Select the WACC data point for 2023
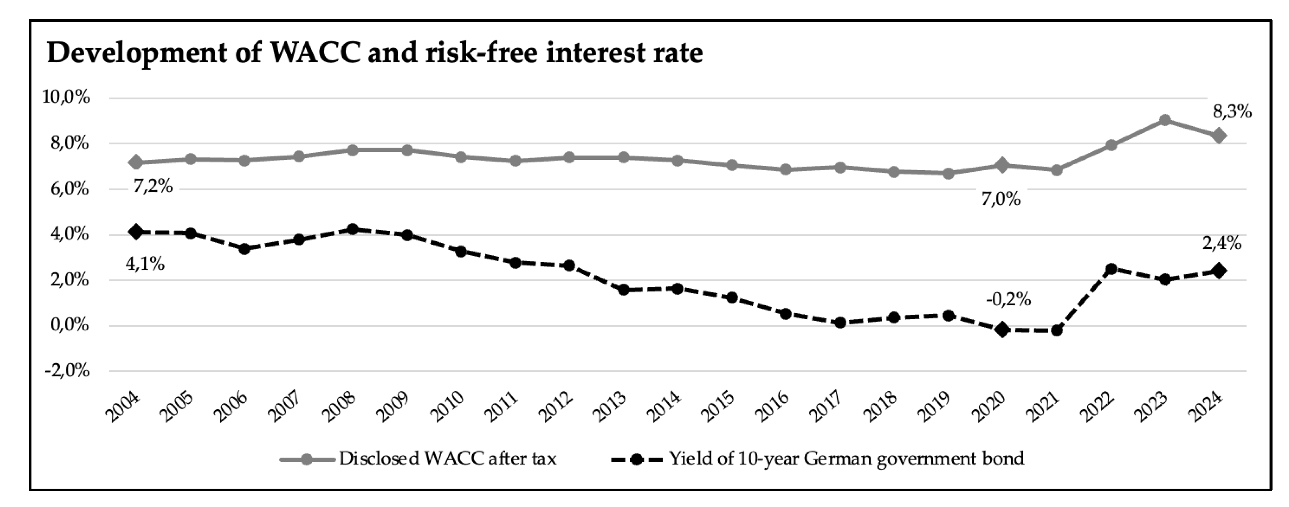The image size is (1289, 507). click(x=1164, y=120)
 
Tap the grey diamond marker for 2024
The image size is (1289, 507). click(x=1219, y=135)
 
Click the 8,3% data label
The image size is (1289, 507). click(x=1232, y=112)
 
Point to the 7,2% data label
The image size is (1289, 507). click(x=153, y=186)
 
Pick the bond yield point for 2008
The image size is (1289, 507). click(x=352, y=229)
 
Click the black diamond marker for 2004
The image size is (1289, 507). click(x=136, y=232)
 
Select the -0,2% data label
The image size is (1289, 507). click(x=1008, y=299)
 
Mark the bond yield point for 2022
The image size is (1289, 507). click(x=1111, y=269)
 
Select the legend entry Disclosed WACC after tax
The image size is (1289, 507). click(x=418, y=458)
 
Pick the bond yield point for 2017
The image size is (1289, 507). click(x=840, y=323)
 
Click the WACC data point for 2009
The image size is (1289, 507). click(x=406, y=150)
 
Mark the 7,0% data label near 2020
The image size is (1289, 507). click(x=1001, y=199)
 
